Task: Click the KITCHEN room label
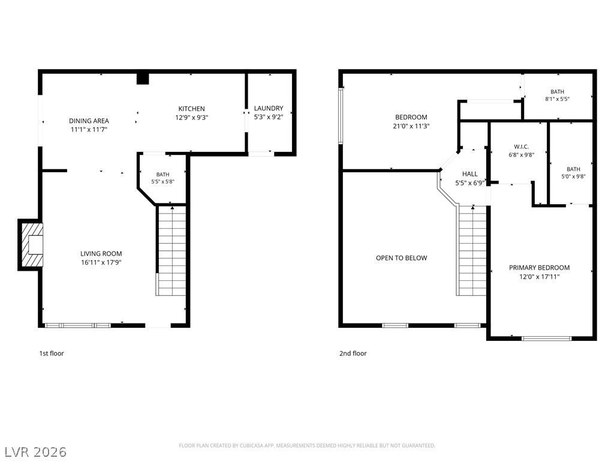pos(191,109)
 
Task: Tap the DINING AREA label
pos(89,121)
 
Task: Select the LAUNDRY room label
pos(269,108)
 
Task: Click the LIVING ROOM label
pos(101,254)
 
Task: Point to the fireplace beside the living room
pos(31,245)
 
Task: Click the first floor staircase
pos(171,250)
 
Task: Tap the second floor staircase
pos(471,250)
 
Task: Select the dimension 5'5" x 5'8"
pos(163,181)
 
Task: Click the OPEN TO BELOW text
pos(401,258)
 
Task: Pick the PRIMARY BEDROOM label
pos(539,268)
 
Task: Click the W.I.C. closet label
pos(521,146)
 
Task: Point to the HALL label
pos(470,174)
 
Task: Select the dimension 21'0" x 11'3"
pos(411,126)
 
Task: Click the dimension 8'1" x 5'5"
pos(557,99)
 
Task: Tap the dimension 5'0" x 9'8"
pos(573,176)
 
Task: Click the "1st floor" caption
pos(52,353)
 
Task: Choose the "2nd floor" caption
pos(353,353)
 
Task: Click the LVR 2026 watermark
pos(34,452)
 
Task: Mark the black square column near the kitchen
pos(143,79)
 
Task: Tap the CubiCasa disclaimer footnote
pos(307,446)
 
